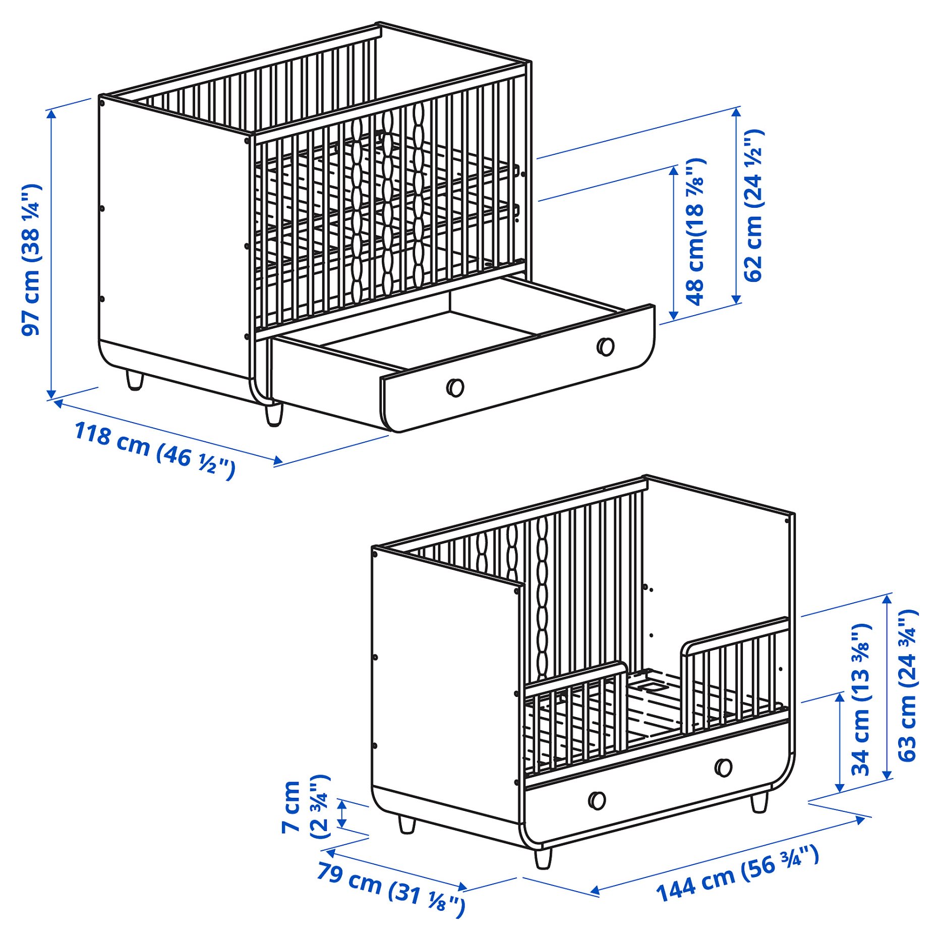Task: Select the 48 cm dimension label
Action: (695, 232)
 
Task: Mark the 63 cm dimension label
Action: (907, 685)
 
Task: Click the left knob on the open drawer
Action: (455, 387)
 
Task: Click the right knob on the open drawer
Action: (605, 346)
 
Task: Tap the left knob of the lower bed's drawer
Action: (597, 800)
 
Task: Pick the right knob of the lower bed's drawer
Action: (724, 768)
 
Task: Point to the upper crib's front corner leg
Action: (274, 415)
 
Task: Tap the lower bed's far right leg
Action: (759, 802)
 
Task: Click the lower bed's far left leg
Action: (406, 825)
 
